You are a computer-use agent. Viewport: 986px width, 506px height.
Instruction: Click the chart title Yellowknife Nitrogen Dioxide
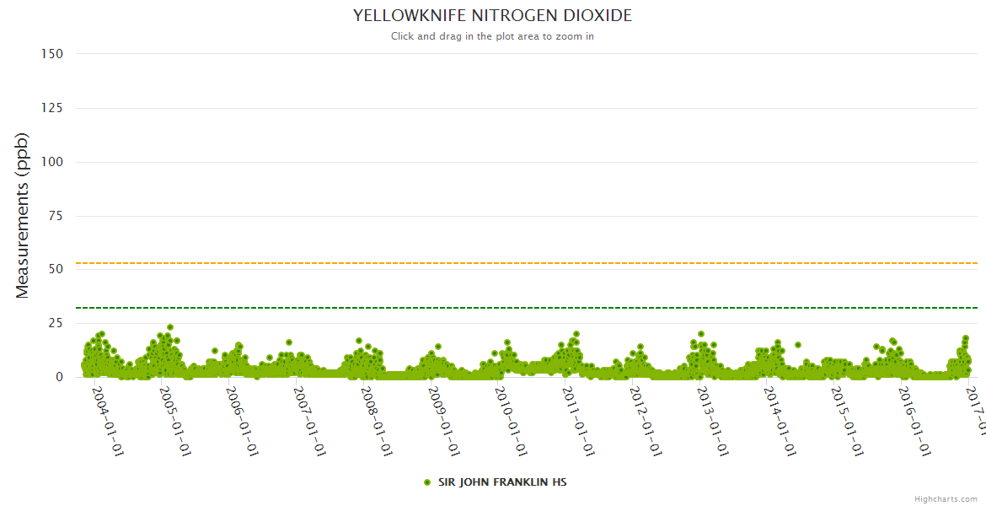492,16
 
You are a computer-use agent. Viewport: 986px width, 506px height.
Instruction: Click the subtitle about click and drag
492,36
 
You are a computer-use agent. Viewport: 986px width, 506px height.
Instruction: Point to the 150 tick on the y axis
52,53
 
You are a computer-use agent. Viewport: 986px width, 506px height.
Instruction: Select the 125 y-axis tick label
52,107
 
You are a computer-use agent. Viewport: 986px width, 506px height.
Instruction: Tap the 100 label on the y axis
52,161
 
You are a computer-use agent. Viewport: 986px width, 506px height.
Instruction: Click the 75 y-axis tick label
56,215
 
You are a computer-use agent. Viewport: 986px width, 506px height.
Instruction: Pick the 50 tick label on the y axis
56,269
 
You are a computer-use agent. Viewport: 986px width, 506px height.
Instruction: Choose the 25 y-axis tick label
56,323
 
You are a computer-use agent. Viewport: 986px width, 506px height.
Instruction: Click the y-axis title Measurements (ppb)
23,215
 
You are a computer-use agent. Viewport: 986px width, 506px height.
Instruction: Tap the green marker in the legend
427,482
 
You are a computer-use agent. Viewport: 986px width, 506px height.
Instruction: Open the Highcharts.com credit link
946,499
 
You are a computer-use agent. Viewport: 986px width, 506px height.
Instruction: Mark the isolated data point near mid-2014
798,344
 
